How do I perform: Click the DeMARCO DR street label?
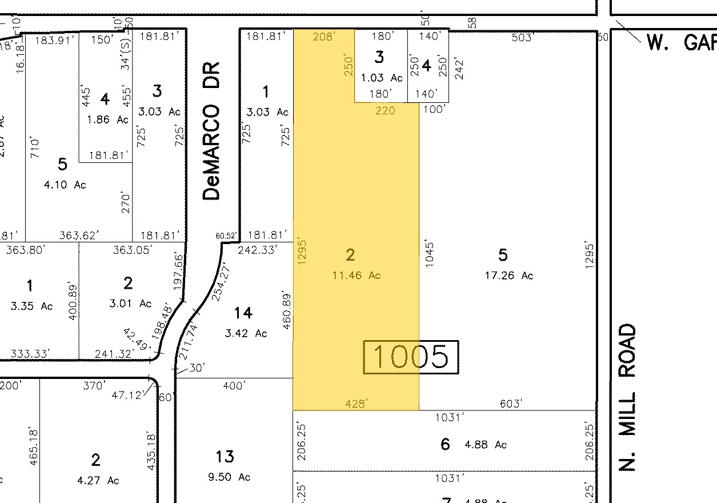tap(211, 152)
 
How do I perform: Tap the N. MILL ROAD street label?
tap(627, 397)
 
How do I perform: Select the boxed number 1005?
tap(411, 357)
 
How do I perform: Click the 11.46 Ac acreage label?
tap(357, 276)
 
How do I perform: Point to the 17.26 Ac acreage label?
tap(509, 276)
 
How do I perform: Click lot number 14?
tap(243, 313)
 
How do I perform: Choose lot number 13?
tap(225, 457)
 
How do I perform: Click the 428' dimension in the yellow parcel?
tap(356, 404)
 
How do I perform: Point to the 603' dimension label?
tap(510, 404)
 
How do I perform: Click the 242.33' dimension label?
tap(258, 249)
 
